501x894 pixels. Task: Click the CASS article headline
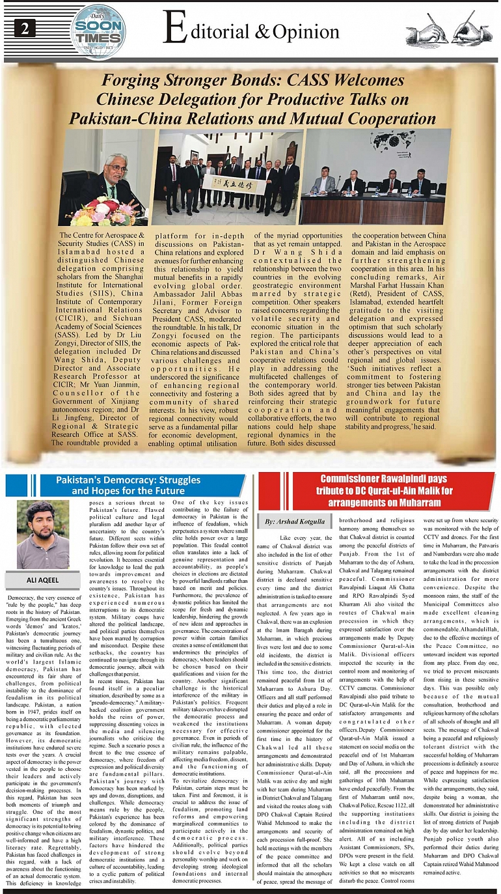point(250,100)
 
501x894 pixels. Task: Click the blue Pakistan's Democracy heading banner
point(127,485)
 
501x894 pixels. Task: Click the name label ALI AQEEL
point(42,580)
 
